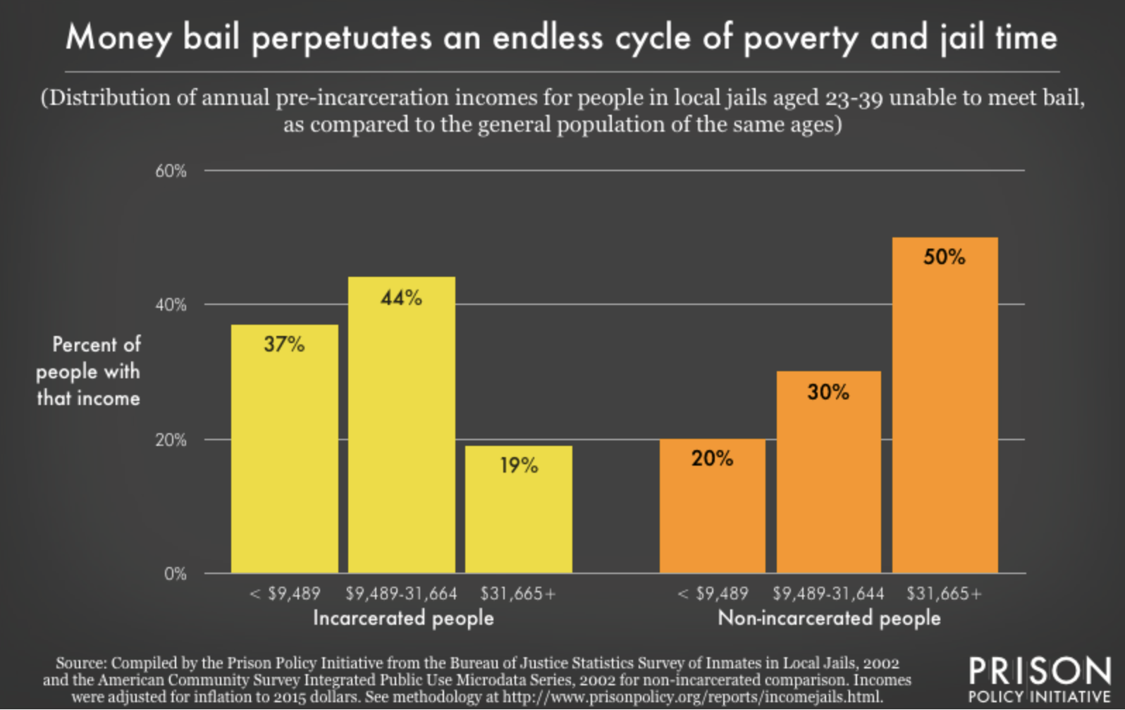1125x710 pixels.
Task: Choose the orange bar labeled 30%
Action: pyautogui.click(x=828, y=472)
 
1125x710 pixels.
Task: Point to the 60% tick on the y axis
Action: pyautogui.click(x=171, y=171)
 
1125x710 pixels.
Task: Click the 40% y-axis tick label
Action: pyautogui.click(x=171, y=305)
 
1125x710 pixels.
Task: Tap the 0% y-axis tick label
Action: pyautogui.click(x=175, y=574)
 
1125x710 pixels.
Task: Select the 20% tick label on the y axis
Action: pyautogui.click(x=171, y=440)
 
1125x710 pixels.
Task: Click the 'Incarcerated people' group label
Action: pyautogui.click(x=403, y=618)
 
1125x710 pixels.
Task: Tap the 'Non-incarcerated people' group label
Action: pyautogui.click(x=829, y=618)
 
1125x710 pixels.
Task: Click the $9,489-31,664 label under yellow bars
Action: pyautogui.click(x=401, y=594)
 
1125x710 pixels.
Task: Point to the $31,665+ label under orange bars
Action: pyautogui.click(x=944, y=594)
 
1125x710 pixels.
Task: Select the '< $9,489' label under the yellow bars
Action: pyautogui.click(x=285, y=594)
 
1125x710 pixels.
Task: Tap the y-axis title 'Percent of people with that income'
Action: pyautogui.click(x=88, y=371)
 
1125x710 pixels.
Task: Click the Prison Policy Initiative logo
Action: pyautogui.click(x=1039, y=679)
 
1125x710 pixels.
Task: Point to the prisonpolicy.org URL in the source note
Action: pyautogui.click(x=691, y=697)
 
